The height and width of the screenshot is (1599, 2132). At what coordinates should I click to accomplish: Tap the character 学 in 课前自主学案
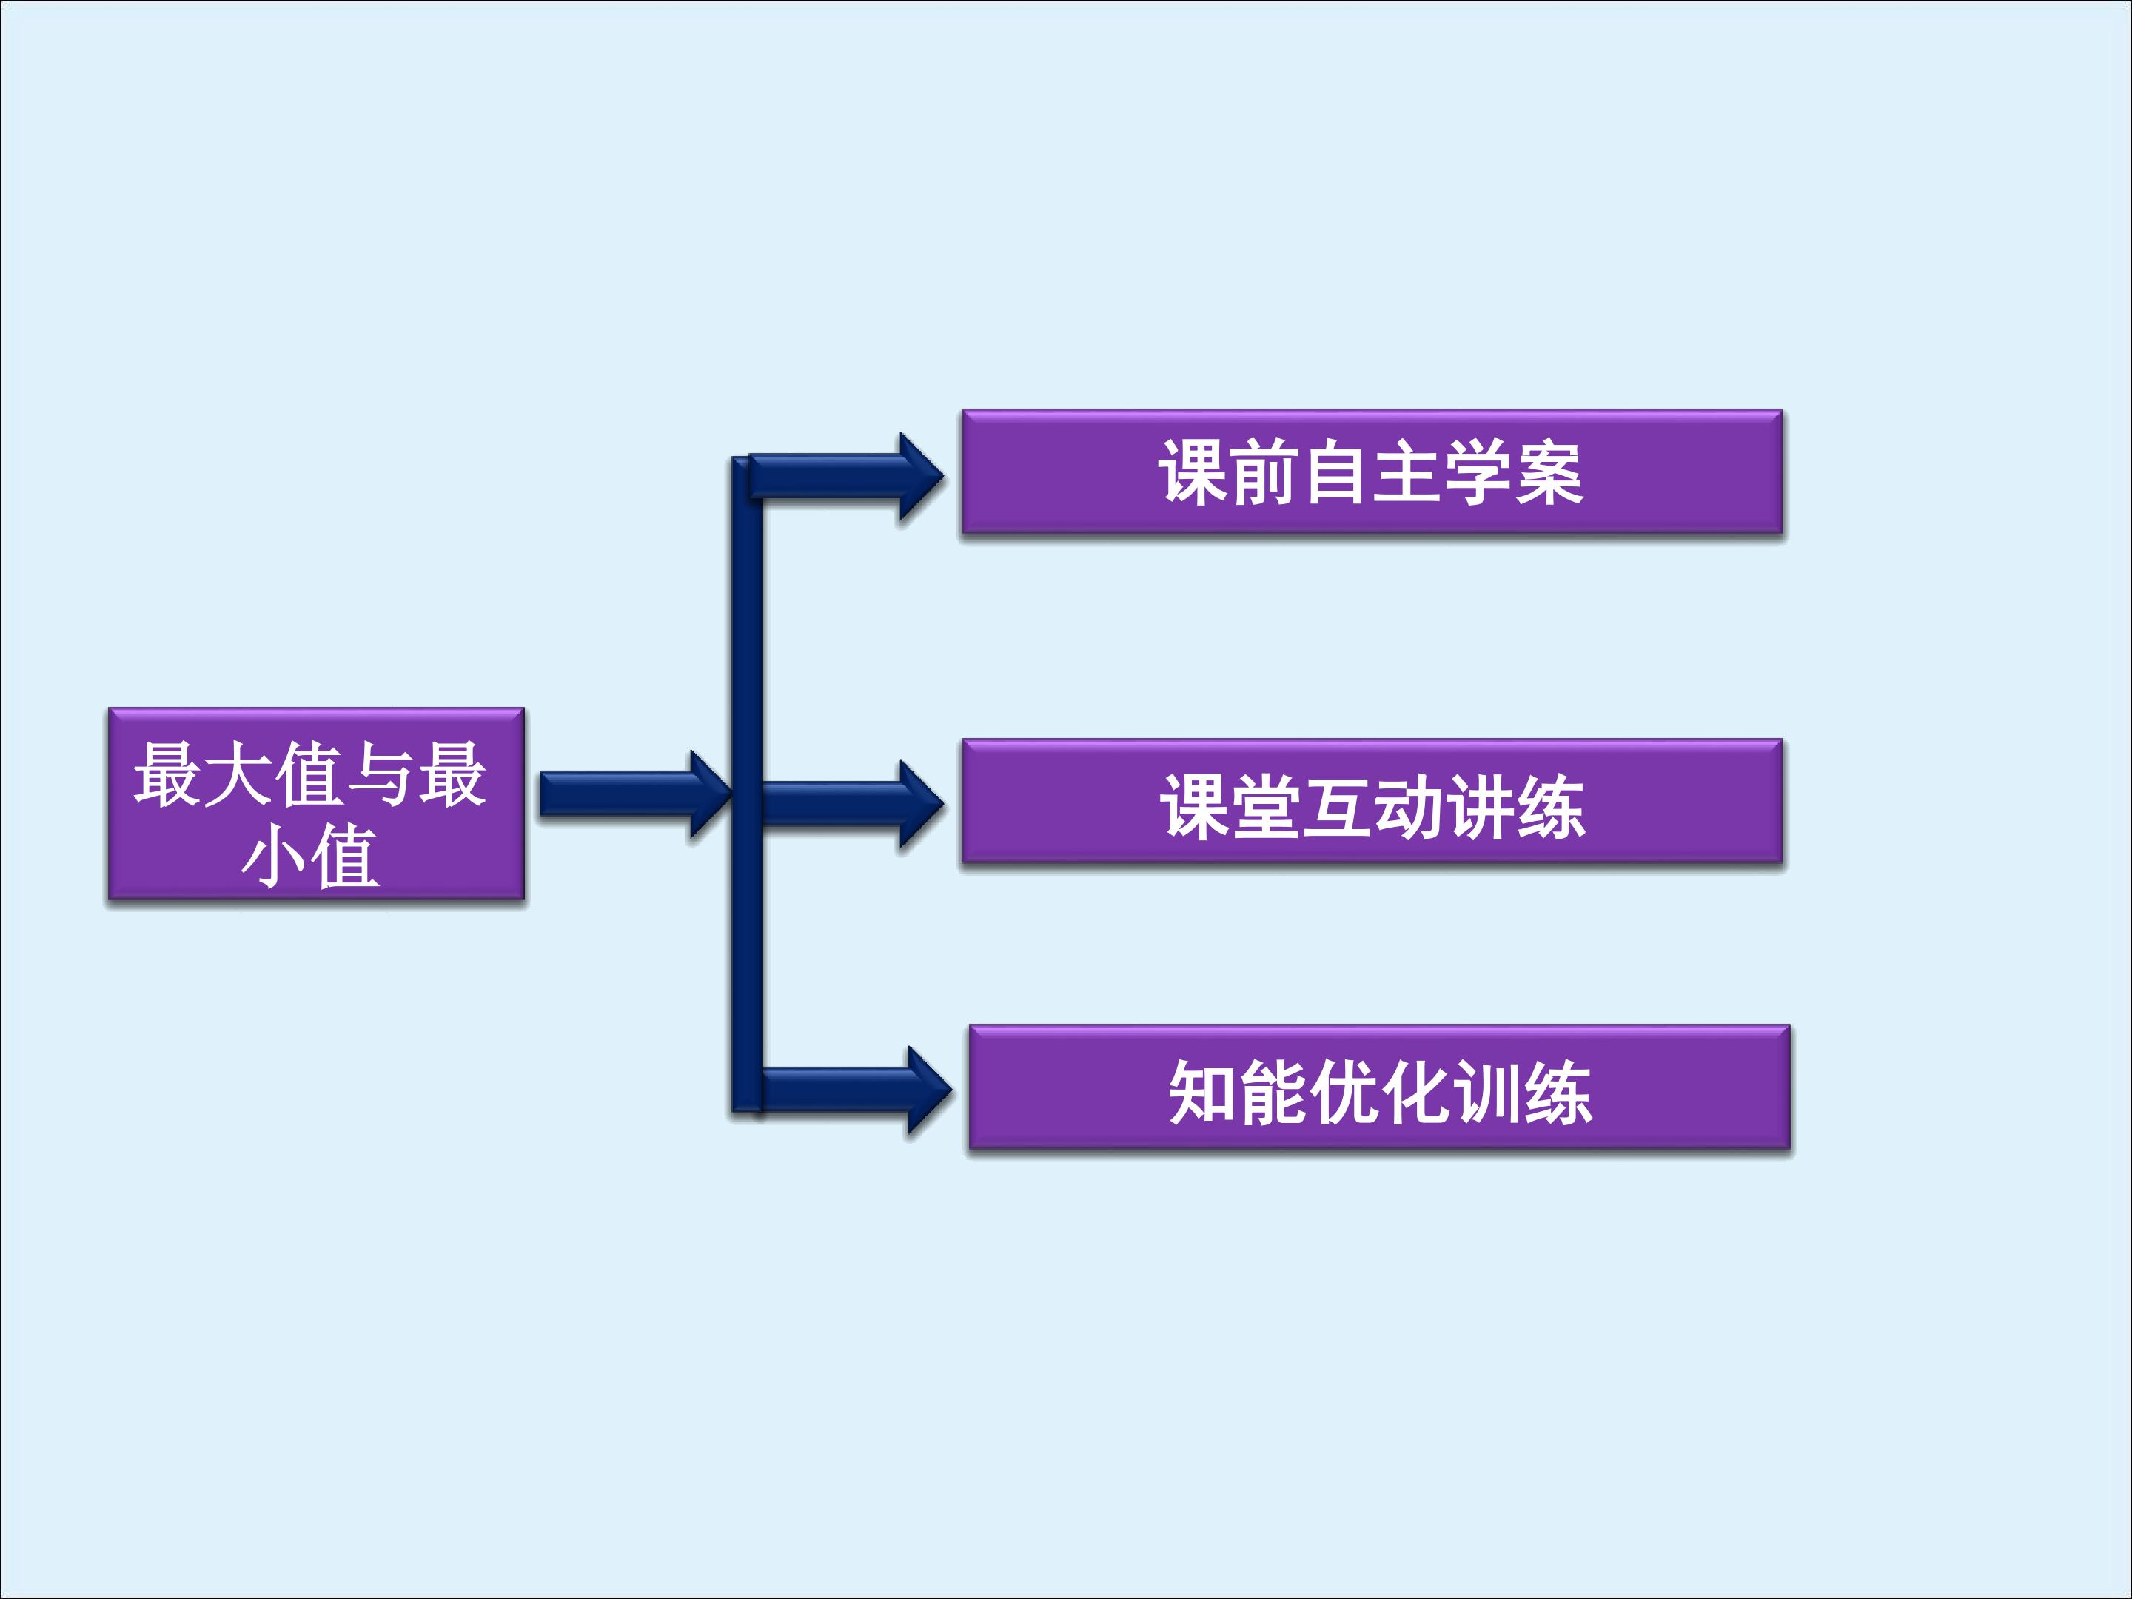pos(1478,472)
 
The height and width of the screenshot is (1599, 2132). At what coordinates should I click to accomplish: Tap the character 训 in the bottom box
pos(1487,1092)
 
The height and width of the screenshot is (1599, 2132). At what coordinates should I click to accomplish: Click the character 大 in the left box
pos(239,774)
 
